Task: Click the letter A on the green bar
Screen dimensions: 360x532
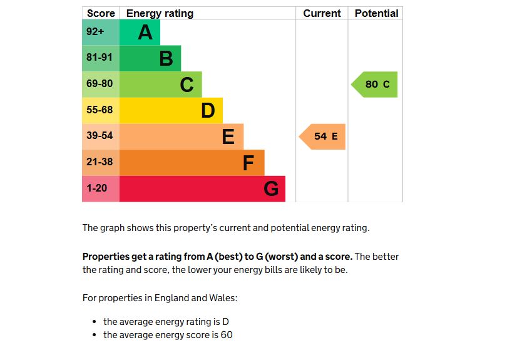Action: click(x=145, y=33)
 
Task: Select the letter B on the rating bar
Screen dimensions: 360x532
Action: click(x=166, y=59)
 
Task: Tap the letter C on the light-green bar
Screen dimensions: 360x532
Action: click(x=187, y=85)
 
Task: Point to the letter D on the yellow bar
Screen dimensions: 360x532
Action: click(x=208, y=111)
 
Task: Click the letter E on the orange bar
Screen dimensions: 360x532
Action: click(x=228, y=136)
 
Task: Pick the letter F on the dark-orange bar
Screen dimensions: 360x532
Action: click(x=248, y=163)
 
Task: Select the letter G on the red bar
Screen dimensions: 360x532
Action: click(x=271, y=188)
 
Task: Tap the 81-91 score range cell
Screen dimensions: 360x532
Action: click(x=100, y=58)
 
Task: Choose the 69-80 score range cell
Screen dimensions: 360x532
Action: click(x=100, y=84)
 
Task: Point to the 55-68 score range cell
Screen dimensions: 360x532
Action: click(x=100, y=110)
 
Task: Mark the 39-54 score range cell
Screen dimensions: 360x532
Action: click(x=100, y=136)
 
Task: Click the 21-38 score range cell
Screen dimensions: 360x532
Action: click(x=100, y=162)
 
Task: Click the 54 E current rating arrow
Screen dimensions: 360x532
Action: click(x=324, y=136)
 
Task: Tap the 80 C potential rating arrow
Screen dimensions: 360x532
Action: click(x=376, y=85)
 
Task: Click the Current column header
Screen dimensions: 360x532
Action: click(x=322, y=13)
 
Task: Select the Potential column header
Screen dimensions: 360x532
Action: click(x=376, y=13)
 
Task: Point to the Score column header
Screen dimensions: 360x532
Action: click(x=101, y=13)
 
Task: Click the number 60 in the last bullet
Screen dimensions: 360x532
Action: click(x=227, y=335)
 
